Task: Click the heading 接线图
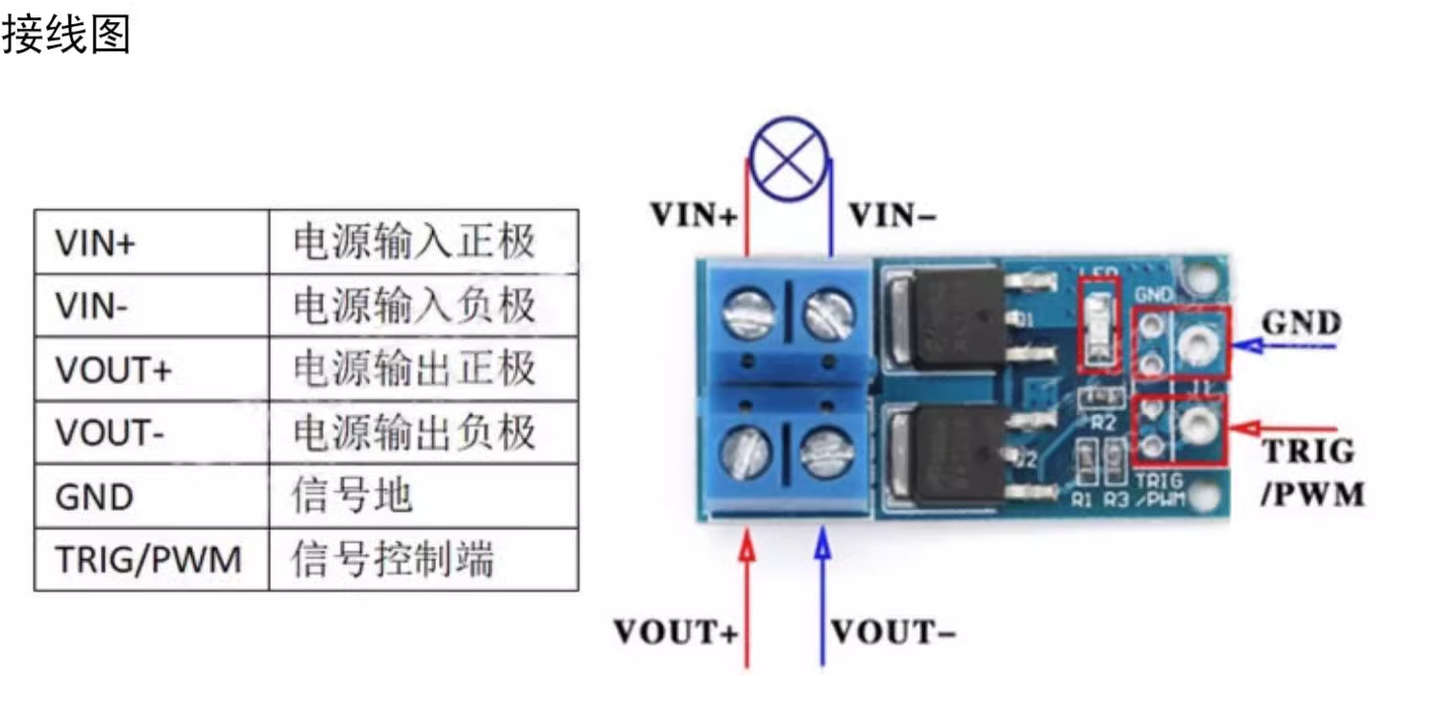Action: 65,36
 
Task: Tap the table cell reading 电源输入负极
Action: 414,306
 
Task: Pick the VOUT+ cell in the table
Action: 112,370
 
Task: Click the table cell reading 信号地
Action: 352,497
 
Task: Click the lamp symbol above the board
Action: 789,158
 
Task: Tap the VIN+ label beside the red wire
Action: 695,215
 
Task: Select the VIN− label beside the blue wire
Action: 892,216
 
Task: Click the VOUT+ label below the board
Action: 676,632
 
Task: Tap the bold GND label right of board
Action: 1301,323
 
